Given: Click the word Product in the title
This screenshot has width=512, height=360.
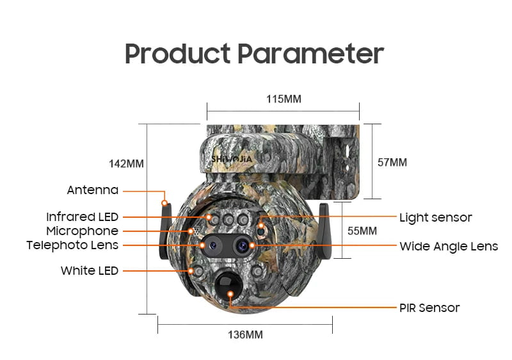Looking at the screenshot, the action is [178, 54].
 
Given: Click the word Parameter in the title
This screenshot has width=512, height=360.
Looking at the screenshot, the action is [310, 53].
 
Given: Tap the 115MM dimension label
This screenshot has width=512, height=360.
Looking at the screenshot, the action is [284, 99].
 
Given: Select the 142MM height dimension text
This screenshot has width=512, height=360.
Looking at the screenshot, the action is [126, 164].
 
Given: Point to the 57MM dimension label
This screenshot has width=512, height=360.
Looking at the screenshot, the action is [392, 162].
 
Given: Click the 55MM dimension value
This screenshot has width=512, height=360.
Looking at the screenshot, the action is [362, 231].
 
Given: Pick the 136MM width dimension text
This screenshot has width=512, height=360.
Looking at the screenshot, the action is [245, 334].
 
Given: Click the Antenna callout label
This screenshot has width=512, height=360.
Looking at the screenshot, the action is [93, 190].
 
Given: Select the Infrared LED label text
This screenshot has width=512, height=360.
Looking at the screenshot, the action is [83, 217].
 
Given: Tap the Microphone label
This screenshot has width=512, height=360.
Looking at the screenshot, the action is [83, 231].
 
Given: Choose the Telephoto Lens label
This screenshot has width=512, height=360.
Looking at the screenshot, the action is [72, 245].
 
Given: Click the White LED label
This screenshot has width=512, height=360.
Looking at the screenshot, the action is [90, 270].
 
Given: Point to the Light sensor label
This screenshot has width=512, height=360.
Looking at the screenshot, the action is [436, 218].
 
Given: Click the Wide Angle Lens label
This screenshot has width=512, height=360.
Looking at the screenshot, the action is [449, 247].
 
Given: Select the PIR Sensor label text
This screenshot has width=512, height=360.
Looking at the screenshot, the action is [429, 307].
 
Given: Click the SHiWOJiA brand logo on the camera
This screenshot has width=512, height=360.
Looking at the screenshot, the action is [232, 159].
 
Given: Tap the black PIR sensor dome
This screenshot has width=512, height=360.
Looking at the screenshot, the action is [228, 288].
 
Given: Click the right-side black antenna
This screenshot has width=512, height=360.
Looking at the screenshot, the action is [324, 231].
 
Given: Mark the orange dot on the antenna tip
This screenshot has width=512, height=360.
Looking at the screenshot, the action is [165, 203].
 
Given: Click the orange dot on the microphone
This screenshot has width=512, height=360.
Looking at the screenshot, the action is [191, 231].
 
